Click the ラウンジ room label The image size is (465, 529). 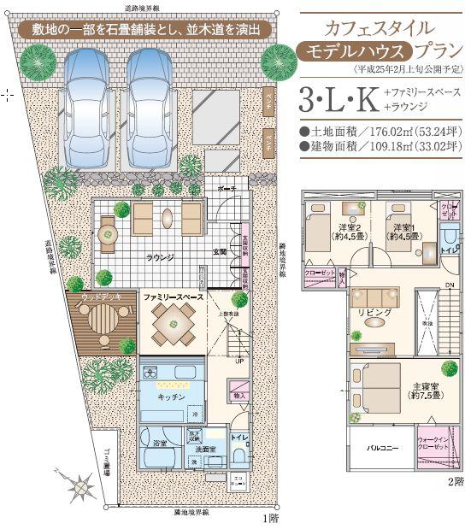point(159,256)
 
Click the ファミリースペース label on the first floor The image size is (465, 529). point(172,296)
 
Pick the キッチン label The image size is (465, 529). point(171,397)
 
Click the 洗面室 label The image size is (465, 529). point(202,448)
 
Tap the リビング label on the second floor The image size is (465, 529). point(375,313)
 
